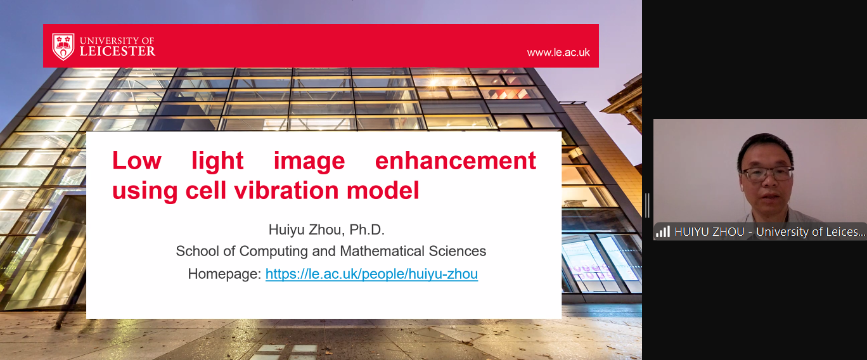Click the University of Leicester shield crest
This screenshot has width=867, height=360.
(63, 46)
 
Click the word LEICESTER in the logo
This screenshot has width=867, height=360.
(118, 51)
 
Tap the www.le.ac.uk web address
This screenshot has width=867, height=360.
(558, 52)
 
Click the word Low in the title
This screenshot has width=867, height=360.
(137, 160)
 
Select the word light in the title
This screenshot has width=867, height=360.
(217, 160)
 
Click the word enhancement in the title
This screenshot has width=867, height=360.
(456, 160)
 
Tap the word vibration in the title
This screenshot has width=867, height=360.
(286, 190)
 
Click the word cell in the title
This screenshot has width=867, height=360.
(205, 190)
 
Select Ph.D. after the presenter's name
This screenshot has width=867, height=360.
(367, 229)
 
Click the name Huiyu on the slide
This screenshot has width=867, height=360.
(286, 229)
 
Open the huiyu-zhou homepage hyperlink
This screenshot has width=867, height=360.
(371, 274)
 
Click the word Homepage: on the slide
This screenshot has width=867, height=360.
(224, 274)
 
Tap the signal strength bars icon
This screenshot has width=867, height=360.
(663, 232)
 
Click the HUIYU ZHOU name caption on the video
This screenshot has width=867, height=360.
(709, 231)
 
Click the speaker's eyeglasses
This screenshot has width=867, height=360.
(767, 174)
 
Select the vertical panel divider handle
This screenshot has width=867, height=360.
(647, 205)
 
